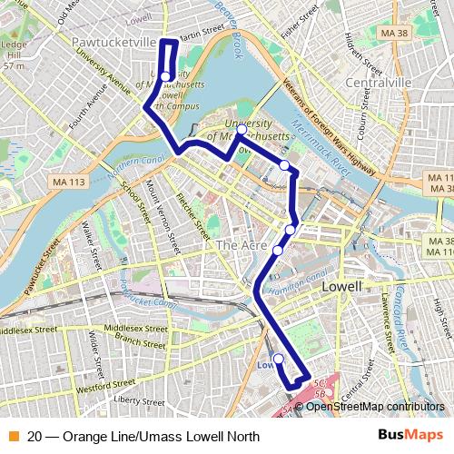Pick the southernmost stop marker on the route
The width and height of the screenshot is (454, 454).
pos(279,359)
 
